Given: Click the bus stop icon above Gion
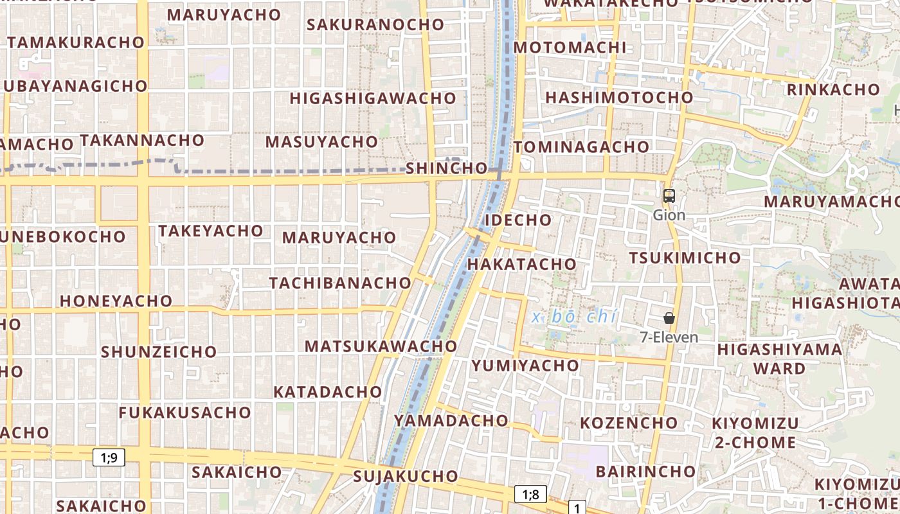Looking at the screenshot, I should coord(669,196).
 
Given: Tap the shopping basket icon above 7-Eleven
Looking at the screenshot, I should coord(669,318).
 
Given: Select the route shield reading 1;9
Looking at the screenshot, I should coord(109,457).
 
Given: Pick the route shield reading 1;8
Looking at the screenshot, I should coord(530,494).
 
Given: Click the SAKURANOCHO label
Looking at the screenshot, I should coord(375,24).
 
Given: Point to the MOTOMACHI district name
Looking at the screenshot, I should coord(570,48).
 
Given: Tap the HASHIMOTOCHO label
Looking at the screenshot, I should coord(619,98).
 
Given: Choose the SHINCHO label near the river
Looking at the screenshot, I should coord(447,168).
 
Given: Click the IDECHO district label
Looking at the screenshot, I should coord(518,220).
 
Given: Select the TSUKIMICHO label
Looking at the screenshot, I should coord(685,258).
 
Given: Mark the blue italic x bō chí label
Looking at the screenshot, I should coord(575,317).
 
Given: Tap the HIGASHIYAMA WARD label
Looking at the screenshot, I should coord(779,359).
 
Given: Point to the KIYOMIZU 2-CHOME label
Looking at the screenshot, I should coord(755,433).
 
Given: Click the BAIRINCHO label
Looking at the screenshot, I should coord(645,472).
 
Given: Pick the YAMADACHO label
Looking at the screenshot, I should coord(451,420).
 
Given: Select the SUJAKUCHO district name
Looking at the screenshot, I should coord(405,477).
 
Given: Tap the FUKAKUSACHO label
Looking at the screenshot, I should coord(184,412).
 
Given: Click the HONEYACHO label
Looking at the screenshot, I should coord(116,301).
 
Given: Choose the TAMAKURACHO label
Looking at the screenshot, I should coord(76,42).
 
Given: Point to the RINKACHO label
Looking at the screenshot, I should coord(833,90).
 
